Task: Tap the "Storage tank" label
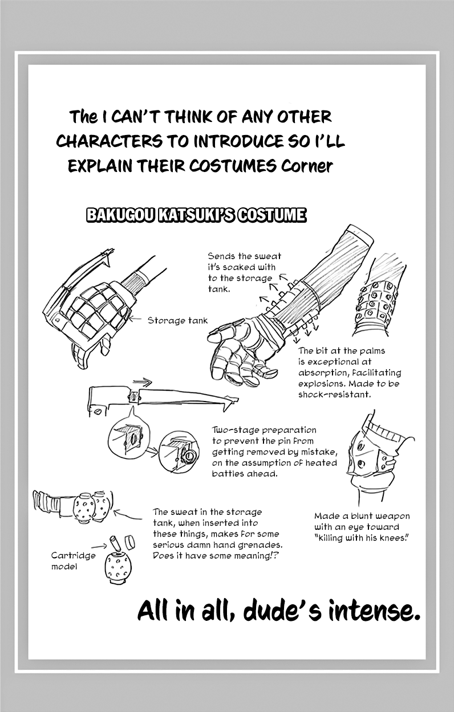(x=177, y=321)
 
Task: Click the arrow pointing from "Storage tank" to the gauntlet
(x=137, y=320)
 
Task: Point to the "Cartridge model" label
(x=73, y=560)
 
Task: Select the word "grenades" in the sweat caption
(x=261, y=545)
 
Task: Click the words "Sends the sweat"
(x=244, y=256)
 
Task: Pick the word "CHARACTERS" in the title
(x=109, y=142)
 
